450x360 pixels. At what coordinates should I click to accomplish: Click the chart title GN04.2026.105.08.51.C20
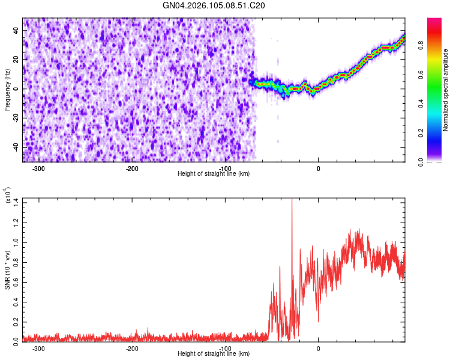tap(214, 5)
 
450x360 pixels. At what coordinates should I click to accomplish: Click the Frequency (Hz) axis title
tap(7, 89)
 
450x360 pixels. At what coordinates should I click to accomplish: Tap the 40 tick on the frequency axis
tap(16, 30)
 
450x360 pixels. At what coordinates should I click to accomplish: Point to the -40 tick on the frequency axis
tap(15, 147)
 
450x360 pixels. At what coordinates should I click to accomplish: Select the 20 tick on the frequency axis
tap(16, 59)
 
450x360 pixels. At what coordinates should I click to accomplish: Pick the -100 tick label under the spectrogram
tap(225, 168)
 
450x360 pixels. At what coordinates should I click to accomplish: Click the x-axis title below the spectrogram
tap(214, 174)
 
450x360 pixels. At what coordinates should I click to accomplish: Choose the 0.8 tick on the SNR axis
tap(14, 262)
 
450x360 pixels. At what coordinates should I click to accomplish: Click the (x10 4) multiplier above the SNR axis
tap(7, 196)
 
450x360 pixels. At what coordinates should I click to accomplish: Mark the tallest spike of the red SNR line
tap(292, 200)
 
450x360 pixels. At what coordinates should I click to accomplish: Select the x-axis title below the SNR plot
tap(214, 354)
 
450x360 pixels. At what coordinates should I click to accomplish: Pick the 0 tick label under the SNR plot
tap(319, 348)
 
